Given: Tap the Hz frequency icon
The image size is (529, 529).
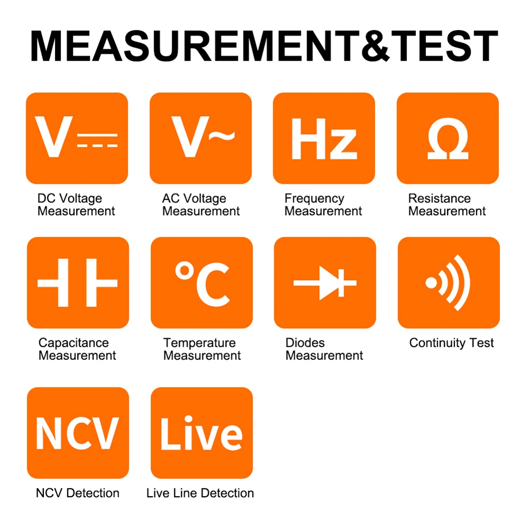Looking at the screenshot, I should tap(324, 138).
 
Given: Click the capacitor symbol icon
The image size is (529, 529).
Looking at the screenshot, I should tap(78, 283).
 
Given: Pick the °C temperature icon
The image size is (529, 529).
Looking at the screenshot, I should tap(202, 283).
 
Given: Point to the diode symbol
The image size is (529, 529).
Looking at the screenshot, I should tap(325, 283).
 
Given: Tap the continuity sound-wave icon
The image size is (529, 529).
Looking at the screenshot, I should tap(449, 283).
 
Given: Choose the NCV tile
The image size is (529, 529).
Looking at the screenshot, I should tap(78, 433).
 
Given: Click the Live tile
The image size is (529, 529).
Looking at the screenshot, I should tap(201, 433).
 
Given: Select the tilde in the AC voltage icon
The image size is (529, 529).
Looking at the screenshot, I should tap(221, 136).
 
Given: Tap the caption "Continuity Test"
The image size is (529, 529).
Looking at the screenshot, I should tap(452, 343).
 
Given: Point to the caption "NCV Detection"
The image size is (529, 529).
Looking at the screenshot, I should tap(78, 493).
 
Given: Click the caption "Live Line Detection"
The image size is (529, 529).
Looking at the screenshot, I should tap(200, 493).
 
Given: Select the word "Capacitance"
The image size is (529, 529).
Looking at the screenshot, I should tap(73, 343).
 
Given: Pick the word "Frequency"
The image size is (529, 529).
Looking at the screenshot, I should tap(314, 199).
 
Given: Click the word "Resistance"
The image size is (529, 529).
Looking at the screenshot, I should tap(439, 199).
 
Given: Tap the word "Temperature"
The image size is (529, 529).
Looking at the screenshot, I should tap(199, 343).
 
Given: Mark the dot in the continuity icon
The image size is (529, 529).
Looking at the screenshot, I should tap(432, 283).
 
